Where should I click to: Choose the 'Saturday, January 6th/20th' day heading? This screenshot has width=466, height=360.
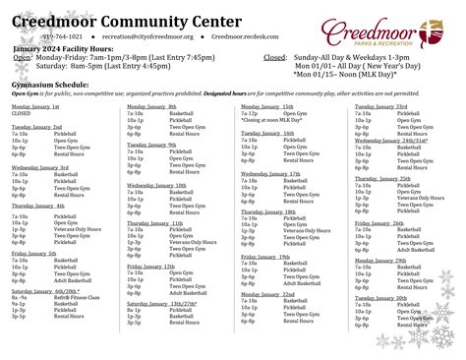coord(44,291)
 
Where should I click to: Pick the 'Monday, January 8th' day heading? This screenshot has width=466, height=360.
coord(151,105)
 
